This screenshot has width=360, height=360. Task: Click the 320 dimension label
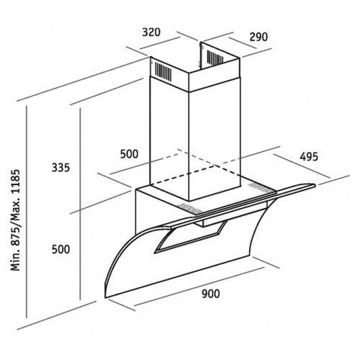tap(151, 32)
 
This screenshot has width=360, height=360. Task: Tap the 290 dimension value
tap(258, 37)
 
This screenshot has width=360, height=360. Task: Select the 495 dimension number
tap(309, 157)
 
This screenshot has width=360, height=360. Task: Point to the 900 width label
tap(210, 294)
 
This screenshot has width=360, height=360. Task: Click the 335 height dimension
tap(60, 168)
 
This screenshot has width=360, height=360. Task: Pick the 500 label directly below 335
tap(60, 249)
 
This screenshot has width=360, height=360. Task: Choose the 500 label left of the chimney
tap(129, 154)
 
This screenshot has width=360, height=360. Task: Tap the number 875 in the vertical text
tap(16, 235)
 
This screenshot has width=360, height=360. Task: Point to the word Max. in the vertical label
tap(16, 209)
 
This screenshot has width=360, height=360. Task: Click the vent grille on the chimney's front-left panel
tap(163, 71)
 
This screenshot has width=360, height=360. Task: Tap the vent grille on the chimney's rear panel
tap(215, 58)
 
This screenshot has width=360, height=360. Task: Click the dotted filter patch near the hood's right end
tap(261, 188)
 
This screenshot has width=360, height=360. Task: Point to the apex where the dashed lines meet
tap(179, 149)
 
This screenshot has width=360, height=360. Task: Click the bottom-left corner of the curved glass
tap(105, 298)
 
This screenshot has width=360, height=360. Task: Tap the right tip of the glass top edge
tap(315, 185)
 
